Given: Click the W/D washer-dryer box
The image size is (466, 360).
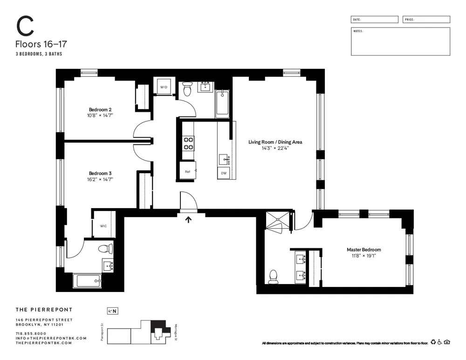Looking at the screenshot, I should (x=164, y=87).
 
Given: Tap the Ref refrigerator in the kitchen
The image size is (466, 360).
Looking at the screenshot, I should (x=188, y=171).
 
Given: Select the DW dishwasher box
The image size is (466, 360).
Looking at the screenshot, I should (x=224, y=173).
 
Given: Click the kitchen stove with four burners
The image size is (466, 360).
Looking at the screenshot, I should (x=188, y=143).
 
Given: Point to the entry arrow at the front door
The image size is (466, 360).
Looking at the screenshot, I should (x=188, y=219).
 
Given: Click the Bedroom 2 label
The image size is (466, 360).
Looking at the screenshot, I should (x=100, y=109).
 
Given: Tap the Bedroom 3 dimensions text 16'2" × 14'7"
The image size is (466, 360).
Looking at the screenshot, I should (x=101, y=179).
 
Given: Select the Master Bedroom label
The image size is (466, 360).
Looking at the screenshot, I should (x=363, y=250).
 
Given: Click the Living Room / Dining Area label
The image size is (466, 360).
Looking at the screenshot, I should (x=275, y=142).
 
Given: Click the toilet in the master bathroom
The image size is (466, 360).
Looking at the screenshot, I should (x=273, y=277).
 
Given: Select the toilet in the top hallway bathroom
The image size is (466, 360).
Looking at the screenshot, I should (x=187, y=88).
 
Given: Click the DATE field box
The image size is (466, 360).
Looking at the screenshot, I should (x=375, y=20).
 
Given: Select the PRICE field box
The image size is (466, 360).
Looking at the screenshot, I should (x=426, y=20).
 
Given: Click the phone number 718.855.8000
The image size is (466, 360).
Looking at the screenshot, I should (x=31, y=333).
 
